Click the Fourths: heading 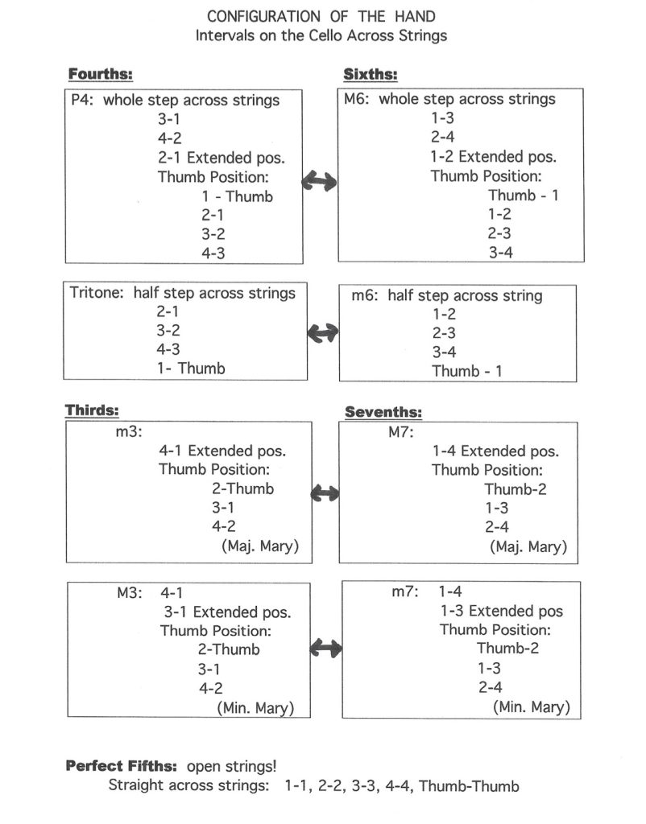coord(101,74)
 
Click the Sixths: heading coord(371,75)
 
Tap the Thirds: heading coord(92,410)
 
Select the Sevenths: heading coord(383,412)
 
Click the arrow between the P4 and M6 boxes coord(319,181)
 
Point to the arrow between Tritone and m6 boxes coord(323,332)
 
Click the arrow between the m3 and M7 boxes coord(325,493)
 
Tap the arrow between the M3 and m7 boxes coord(326,648)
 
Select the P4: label coord(82,100)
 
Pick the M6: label coord(357,99)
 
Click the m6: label coord(365,295)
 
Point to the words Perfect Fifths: coord(122,766)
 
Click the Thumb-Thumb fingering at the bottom coord(470,786)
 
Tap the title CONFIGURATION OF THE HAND coord(321,16)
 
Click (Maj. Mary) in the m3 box coord(260,546)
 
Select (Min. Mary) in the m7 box coord(532,707)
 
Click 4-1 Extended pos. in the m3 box coord(222,451)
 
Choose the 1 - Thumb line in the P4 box coord(238,196)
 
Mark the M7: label coord(401,432)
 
